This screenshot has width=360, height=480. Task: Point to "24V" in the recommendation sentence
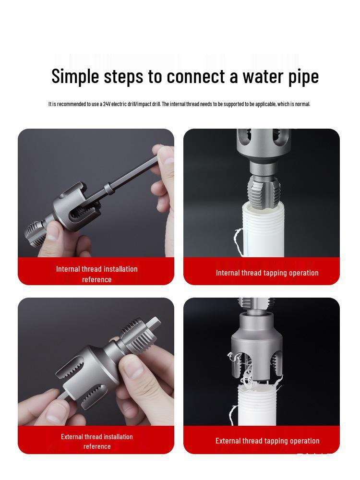coord(107,104)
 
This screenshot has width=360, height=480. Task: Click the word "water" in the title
coord(262,76)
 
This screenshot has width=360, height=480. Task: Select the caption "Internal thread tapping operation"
coord(267,273)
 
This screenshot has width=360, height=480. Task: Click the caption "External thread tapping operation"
coord(267,441)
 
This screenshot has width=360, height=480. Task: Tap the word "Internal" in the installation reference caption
coord(68,269)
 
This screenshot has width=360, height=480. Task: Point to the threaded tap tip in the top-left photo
coord(33,233)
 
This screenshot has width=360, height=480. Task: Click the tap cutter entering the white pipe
coord(263,189)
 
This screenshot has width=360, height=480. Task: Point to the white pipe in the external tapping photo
coord(257,405)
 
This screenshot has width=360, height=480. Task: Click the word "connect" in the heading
coord(196,76)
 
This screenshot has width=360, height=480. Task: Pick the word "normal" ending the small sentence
coord(302,104)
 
